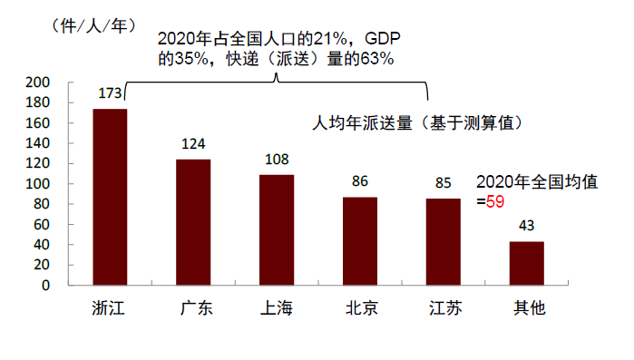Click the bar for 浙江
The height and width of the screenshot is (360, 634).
(110, 197)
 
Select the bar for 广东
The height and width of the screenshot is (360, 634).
(193, 222)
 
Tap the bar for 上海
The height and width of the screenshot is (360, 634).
(277, 229)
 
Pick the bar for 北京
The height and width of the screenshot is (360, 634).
(360, 241)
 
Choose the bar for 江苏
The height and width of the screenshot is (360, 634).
(444, 241)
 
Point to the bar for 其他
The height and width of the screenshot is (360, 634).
(526, 263)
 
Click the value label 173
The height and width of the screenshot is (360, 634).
(110, 93)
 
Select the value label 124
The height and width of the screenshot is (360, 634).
(193, 144)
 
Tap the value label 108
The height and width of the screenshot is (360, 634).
(277, 160)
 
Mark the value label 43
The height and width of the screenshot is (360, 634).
(526, 226)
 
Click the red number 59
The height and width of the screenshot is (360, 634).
(494, 201)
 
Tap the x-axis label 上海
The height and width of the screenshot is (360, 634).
(277, 308)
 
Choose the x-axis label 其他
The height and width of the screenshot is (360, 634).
(526, 308)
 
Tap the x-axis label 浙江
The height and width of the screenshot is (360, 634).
(110, 308)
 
